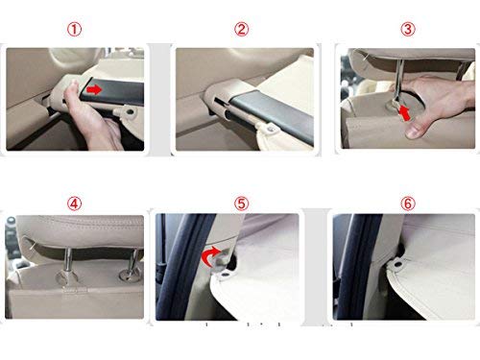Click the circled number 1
(80, 29)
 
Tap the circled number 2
(241, 29)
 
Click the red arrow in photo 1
(93, 89)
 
